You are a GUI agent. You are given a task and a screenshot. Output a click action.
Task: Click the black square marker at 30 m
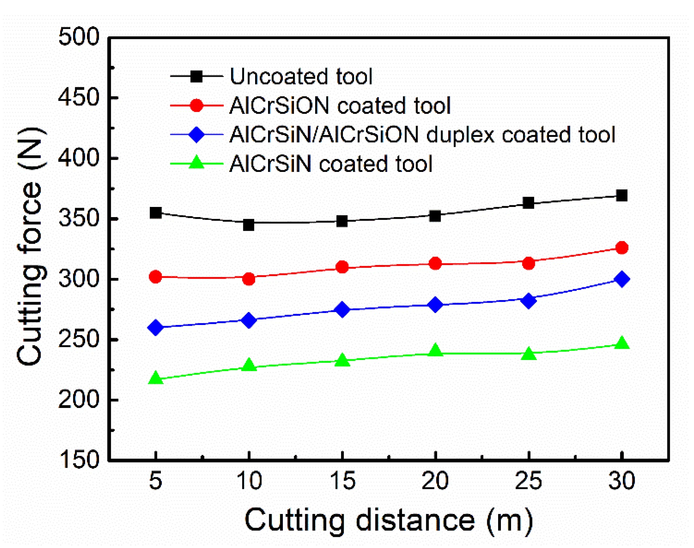621,195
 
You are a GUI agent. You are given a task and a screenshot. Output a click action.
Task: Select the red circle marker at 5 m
155,277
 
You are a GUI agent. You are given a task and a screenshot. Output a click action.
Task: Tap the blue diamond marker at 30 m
621,279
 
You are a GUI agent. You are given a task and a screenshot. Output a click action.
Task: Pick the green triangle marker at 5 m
156,378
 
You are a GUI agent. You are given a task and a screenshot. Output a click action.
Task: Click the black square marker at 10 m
249,225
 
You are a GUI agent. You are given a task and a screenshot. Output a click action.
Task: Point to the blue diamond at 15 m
342,310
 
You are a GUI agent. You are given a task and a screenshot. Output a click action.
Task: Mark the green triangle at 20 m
435,350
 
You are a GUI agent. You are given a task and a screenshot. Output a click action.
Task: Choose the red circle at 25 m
529,263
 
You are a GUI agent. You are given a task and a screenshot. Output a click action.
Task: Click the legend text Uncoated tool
301,76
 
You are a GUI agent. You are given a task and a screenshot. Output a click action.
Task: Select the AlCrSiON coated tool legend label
340,105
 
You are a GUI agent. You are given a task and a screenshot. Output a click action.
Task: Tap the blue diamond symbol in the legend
196,134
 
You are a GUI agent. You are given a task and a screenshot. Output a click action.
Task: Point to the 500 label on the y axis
79,36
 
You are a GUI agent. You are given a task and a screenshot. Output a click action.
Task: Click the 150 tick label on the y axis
79,460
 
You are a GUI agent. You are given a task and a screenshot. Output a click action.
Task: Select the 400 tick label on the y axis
79,158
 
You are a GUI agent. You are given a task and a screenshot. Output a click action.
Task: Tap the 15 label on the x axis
342,481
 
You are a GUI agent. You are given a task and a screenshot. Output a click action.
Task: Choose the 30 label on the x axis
621,481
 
